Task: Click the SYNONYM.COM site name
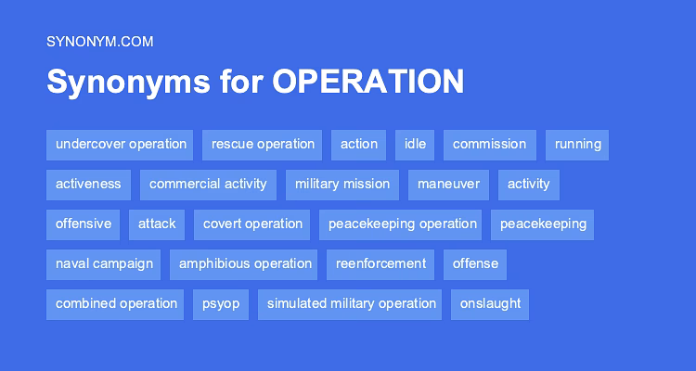tap(99, 41)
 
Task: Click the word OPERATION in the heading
tap(367, 82)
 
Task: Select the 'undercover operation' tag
tap(120, 145)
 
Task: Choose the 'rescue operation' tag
tap(263, 145)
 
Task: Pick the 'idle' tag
tap(415, 145)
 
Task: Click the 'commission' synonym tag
tap(489, 145)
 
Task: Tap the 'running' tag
tap(577, 145)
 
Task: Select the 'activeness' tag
tap(88, 185)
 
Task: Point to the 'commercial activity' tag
tap(208, 185)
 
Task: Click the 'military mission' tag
tap(342, 185)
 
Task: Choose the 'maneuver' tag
tap(448, 185)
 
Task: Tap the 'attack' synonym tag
tap(157, 224)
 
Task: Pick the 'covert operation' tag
tap(252, 224)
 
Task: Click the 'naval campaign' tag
tap(104, 264)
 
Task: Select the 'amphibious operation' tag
tap(245, 264)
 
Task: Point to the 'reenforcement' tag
tap(380, 264)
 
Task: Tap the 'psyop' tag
tap(221, 304)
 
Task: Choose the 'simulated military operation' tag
tap(351, 304)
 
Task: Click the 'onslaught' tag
tap(490, 304)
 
